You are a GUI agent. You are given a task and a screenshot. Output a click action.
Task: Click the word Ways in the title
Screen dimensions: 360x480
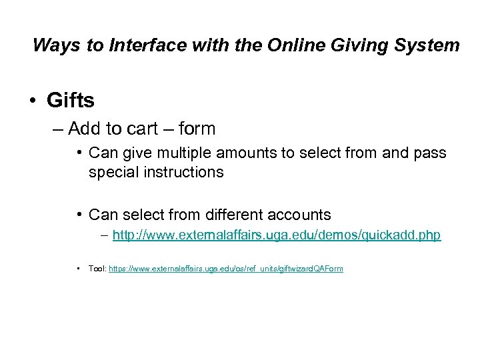coord(51,45)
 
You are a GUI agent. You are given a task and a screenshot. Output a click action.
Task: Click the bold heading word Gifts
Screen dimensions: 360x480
coord(71,101)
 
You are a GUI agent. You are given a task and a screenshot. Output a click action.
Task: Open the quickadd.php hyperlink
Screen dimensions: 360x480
coord(277,235)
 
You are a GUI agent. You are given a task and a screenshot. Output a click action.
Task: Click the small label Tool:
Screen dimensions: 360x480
coord(97,269)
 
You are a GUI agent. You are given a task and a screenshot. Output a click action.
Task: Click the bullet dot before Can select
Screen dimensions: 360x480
coord(79,215)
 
